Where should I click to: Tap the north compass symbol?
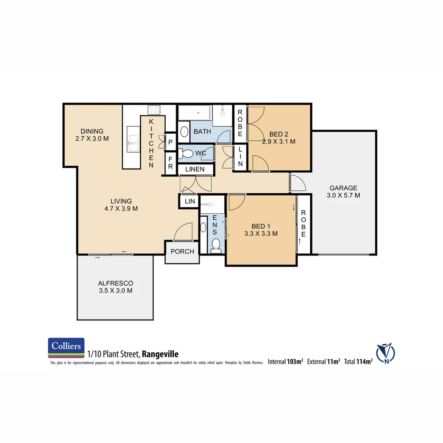click(x=385, y=353)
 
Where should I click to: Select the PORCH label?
click(x=182, y=251)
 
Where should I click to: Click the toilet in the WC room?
click(x=187, y=154)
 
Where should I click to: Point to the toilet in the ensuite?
click(x=216, y=245)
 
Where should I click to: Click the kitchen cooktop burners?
click(x=154, y=110)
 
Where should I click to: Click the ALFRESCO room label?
click(x=115, y=283)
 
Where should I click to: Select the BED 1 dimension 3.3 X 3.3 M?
click(x=260, y=234)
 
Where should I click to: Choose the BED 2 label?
click(x=279, y=134)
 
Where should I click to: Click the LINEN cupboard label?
click(x=195, y=169)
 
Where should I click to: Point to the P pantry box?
click(x=171, y=142)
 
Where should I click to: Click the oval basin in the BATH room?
click(x=184, y=132)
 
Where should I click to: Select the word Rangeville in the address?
click(x=160, y=354)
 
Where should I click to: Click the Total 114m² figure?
click(x=358, y=361)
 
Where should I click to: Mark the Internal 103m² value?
click(x=285, y=361)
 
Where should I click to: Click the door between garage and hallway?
click(x=298, y=183)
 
